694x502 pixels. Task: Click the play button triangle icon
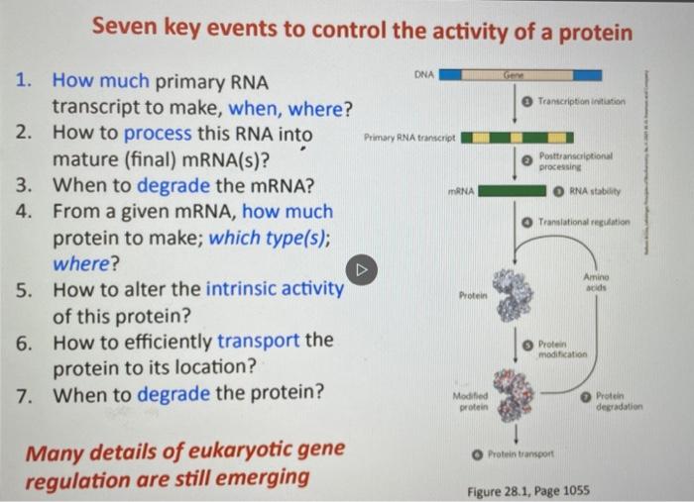click(x=362, y=268)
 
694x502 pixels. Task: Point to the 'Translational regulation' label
click(x=584, y=223)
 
